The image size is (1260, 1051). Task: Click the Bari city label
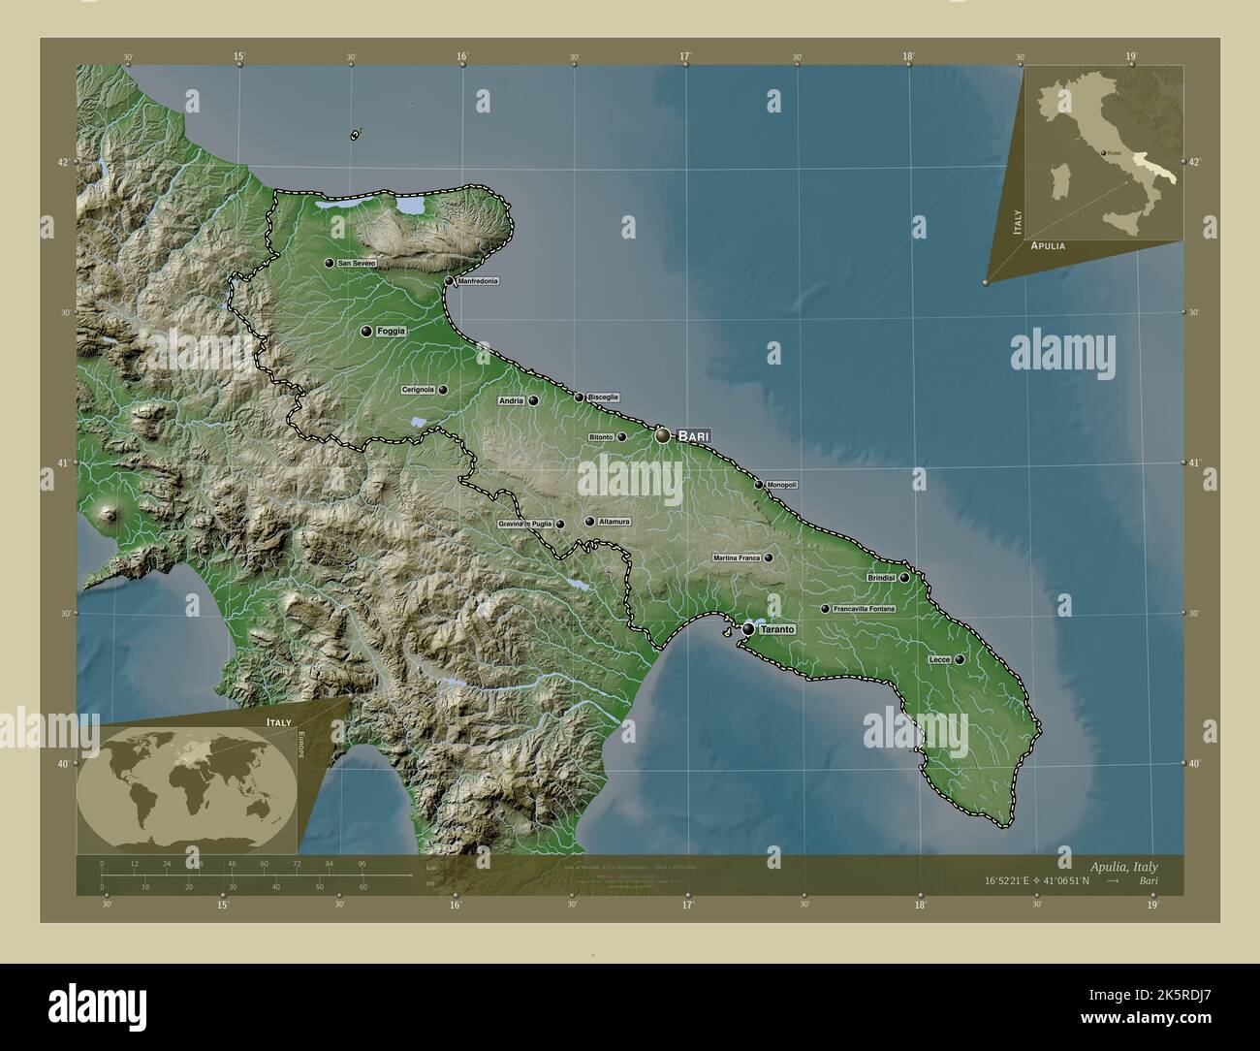[x=693, y=436]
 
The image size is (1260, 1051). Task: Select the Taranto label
[x=777, y=630]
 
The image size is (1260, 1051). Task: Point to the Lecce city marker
[x=960, y=659]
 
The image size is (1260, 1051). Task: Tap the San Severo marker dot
[x=330, y=263]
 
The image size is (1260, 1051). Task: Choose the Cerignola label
[x=418, y=390]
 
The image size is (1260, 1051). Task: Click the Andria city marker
[x=533, y=399]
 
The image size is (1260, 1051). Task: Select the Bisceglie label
[x=603, y=397]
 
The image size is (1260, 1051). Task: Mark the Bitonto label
[x=601, y=437]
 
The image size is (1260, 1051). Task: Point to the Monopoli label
[x=781, y=485]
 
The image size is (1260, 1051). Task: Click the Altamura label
[x=614, y=522]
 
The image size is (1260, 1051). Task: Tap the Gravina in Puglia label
[x=525, y=524]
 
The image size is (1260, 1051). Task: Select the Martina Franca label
[x=737, y=557]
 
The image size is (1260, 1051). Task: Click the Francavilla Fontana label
[x=864, y=609]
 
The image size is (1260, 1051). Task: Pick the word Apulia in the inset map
[x=1048, y=246]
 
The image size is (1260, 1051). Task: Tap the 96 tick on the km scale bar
[x=362, y=863]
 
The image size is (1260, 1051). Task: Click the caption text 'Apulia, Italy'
[x=1122, y=866]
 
